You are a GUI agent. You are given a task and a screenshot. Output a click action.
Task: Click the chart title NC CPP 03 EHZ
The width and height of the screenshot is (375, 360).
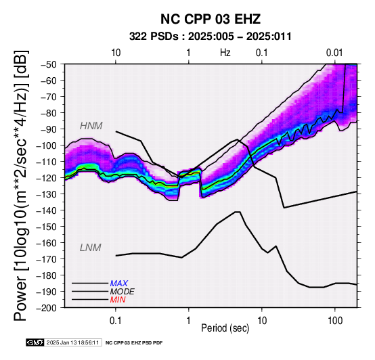211,19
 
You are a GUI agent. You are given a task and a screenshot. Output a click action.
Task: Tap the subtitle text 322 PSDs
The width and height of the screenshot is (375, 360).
154,37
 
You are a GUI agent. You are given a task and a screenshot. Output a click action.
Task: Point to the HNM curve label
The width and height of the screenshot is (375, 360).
91,126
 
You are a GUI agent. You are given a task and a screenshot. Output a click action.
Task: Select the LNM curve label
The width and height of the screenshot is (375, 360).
91,248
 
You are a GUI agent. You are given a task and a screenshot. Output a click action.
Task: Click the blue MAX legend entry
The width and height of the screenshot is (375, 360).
119,284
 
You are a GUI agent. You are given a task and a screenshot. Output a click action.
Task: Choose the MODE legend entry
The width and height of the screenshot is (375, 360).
123,292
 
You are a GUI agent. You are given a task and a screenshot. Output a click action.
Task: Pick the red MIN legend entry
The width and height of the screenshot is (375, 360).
118,300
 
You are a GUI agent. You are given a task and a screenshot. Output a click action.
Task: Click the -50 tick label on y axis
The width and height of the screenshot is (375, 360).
49,64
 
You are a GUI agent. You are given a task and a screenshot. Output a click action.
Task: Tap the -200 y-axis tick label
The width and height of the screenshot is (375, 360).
47,308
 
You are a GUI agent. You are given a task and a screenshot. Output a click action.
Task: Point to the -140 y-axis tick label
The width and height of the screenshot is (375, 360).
47,210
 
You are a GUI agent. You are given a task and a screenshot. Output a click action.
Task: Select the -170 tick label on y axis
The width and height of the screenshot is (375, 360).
47,259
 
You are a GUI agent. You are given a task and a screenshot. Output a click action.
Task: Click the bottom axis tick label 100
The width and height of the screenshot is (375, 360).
335,321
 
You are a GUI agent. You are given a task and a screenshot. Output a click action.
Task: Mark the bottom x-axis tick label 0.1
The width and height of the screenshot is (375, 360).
116,321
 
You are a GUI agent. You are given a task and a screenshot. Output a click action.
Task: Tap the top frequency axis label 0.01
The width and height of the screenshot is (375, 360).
335,53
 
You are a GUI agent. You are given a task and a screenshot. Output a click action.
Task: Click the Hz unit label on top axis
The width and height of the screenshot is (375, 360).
225,53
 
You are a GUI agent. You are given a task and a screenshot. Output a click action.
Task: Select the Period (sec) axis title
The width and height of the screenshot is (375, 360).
225,328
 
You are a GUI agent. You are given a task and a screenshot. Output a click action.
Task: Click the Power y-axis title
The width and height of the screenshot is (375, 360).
20,185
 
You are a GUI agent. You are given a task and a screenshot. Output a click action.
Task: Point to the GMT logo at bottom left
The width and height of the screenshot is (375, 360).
35,342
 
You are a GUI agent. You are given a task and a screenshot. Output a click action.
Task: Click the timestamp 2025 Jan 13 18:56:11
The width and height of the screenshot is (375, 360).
72,342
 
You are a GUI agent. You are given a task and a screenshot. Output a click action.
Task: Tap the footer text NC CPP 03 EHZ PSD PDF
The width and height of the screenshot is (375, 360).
134,343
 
